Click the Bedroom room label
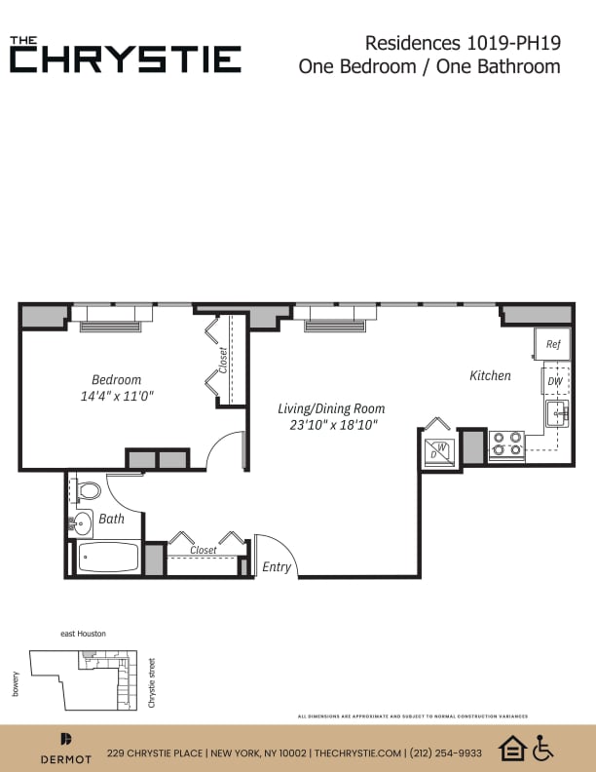(x=116, y=379)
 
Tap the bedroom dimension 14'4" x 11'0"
(x=117, y=397)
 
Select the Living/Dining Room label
(x=331, y=408)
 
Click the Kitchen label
(x=490, y=375)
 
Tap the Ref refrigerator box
(x=552, y=344)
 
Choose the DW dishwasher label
(x=554, y=381)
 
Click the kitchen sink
(x=556, y=413)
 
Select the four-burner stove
(x=505, y=444)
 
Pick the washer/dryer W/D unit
(x=439, y=451)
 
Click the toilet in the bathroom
(x=88, y=490)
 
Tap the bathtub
(x=108, y=558)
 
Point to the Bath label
(x=111, y=519)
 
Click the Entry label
(x=277, y=566)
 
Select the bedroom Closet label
(x=223, y=360)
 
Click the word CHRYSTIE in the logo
(x=126, y=58)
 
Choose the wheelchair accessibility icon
(x=542, y=749)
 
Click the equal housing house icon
(x=512, y=749)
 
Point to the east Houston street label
(x=83, y=634)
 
